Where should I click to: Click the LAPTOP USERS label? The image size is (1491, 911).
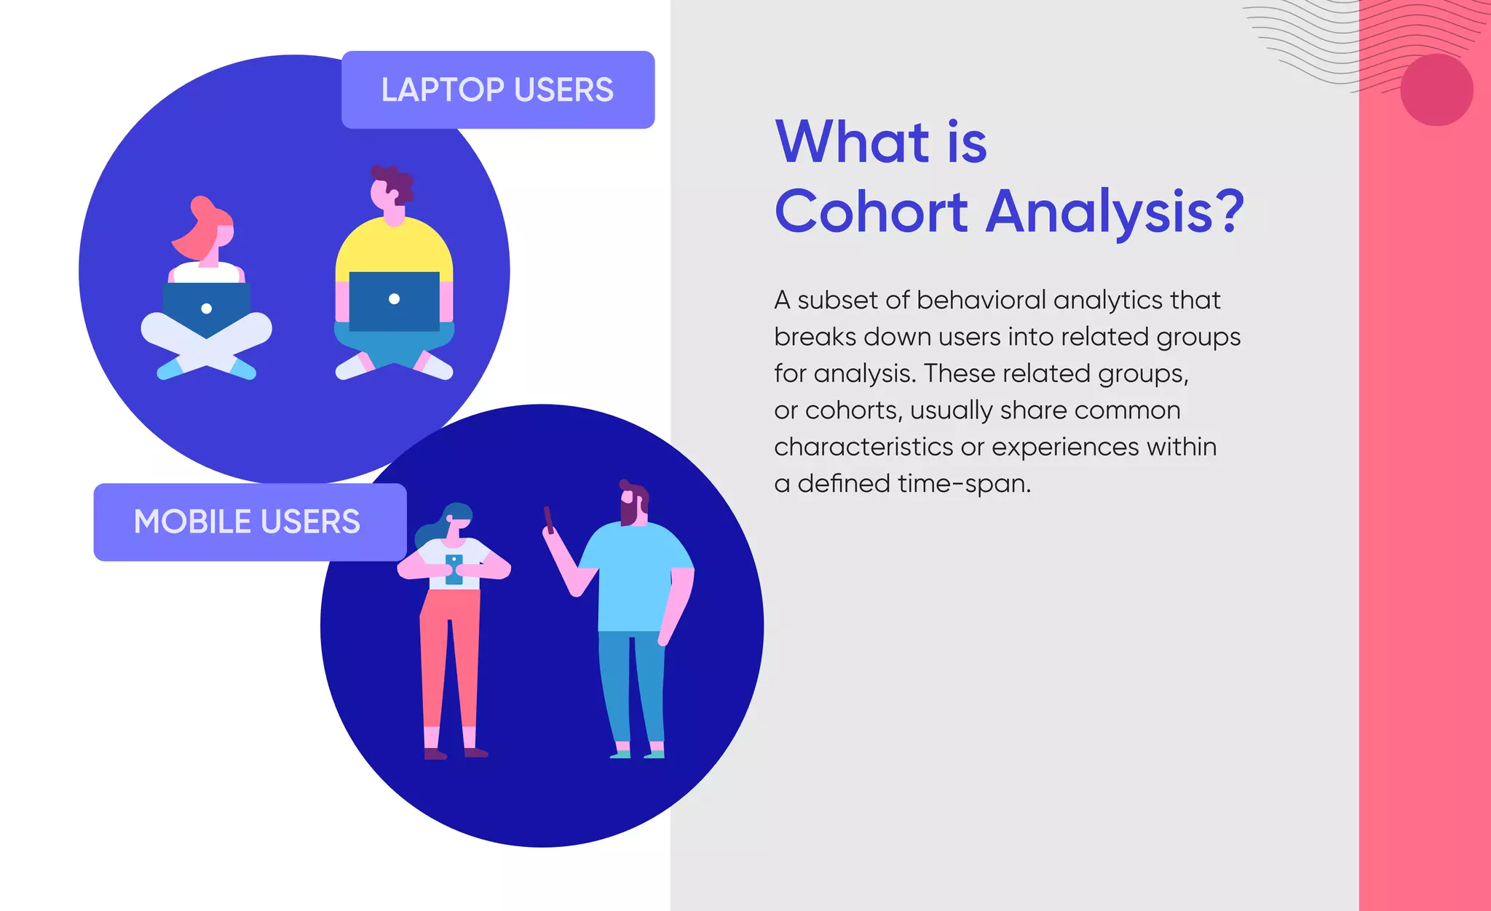coord(497,90)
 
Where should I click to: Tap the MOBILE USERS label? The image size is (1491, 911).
coord(248,522)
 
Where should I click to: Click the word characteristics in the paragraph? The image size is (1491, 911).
coord(863,447)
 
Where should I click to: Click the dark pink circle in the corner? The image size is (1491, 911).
coord(1436,90)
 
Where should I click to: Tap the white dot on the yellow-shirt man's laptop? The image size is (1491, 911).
coord(394,298)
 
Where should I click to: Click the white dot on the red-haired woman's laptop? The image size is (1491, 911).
coord(207,309)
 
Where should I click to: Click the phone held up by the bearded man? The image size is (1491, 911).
coord(549,519)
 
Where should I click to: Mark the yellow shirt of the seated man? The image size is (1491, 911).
coord(394,247)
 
